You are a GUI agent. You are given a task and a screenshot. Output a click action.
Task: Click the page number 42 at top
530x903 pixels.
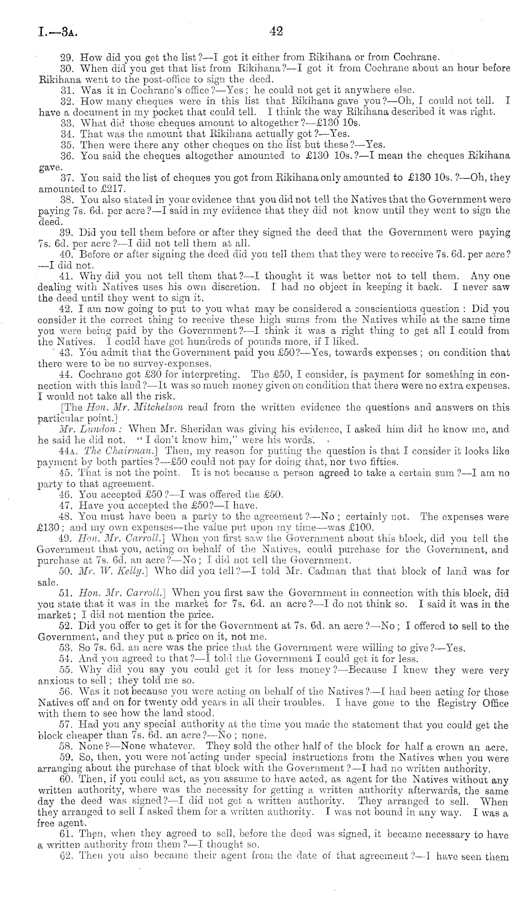click(x=276, y=31)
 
